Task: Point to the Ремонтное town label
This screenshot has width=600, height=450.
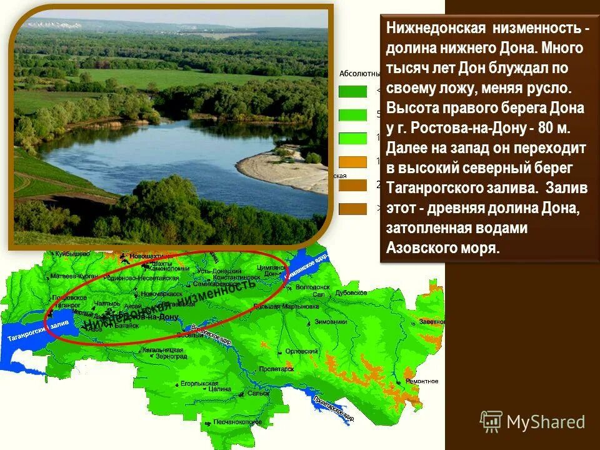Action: tap(421, 381)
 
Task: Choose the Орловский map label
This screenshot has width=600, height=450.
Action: tap(298, 351)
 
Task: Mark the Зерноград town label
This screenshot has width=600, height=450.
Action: tap(171, 356)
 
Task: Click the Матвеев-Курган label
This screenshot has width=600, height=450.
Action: tap(74, 275)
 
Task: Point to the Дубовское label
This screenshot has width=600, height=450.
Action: tap(351, 292)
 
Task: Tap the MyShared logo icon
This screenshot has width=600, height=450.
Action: tap(491, 422)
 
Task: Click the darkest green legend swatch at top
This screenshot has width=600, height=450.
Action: tap(352, 91)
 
